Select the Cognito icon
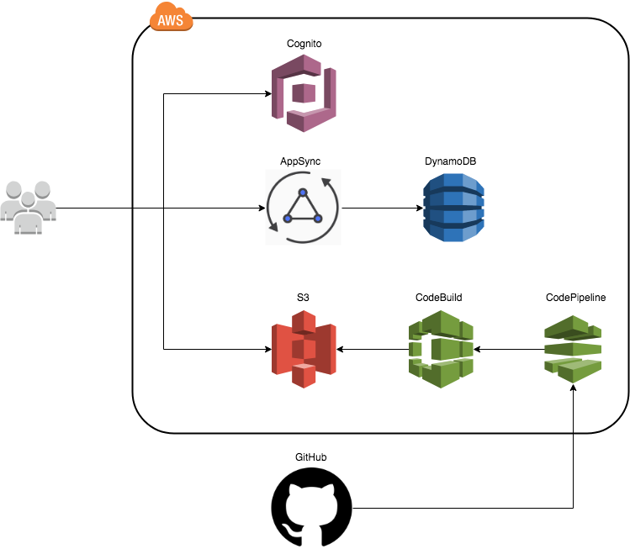(304, 92)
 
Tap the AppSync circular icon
(304, 208)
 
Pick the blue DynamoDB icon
(454, 208)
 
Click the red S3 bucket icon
(304, 348)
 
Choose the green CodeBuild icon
(441, 348)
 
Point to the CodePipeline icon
(574, 348)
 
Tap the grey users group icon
(29, 206)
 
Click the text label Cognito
(304, 42)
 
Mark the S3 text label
(303, 297)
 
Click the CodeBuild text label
(439, 297)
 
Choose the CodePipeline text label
(575, 297)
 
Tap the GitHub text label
(311, 457)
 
